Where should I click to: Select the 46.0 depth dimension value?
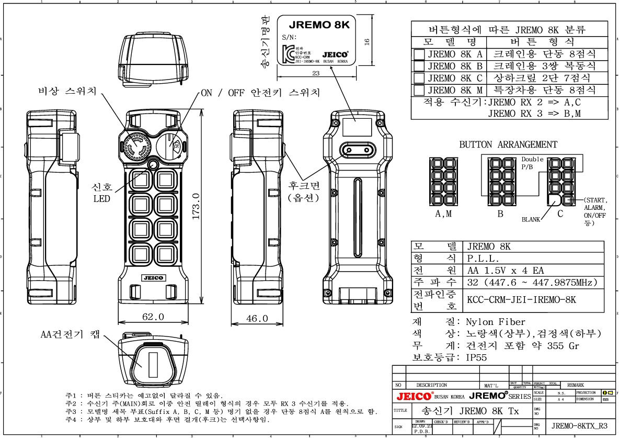click(x=257, y=318)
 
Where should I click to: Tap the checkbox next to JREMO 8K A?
click(x=419, y=54)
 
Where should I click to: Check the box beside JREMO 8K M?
click(x=419, y=90)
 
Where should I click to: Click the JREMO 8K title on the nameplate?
click(x=315, y=24)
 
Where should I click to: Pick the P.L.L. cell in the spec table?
click(x=483, y=259)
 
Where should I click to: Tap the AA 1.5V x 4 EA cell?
click(x=505, y=271)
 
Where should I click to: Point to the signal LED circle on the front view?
click(x=153, y=165)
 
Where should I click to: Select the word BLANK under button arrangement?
click(x=531, y=220)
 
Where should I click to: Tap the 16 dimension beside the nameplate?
click(x=367, y=41)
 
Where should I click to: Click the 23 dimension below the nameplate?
click(x=316, y=73)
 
